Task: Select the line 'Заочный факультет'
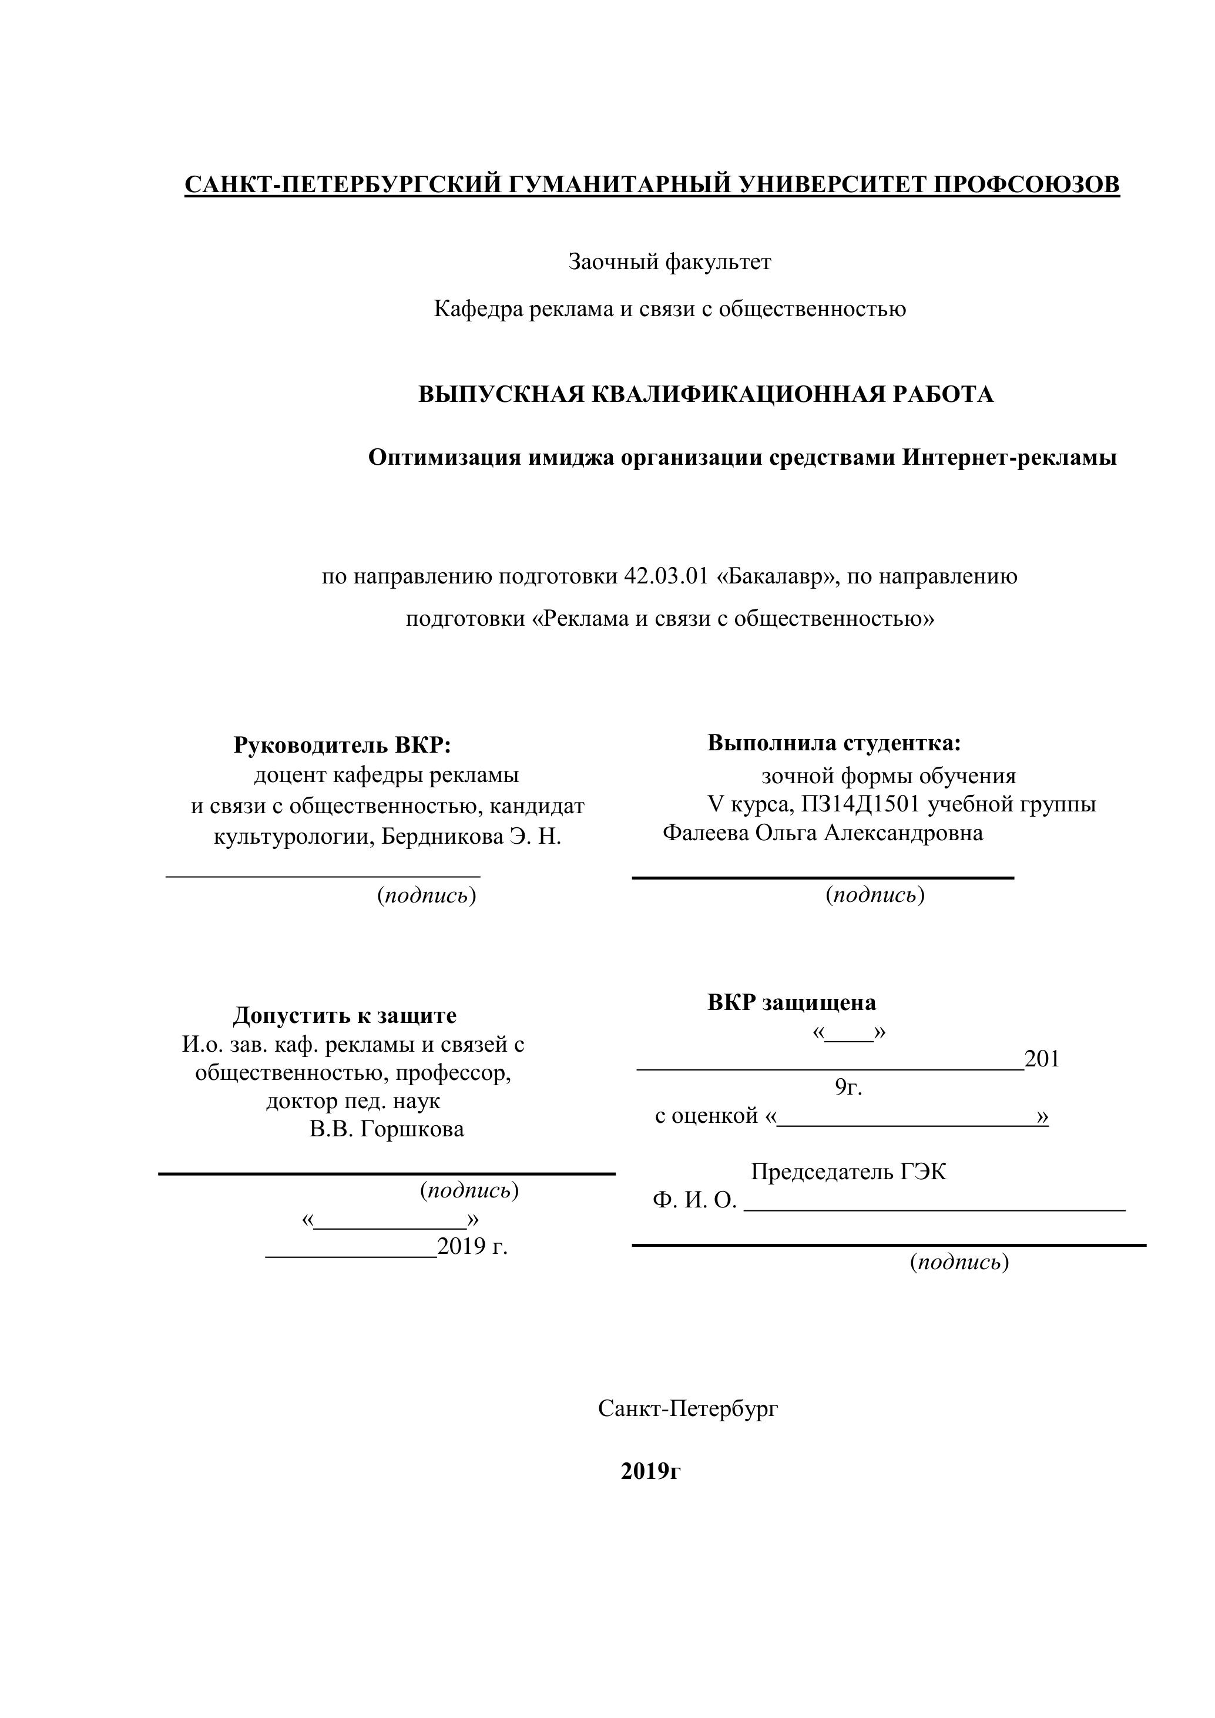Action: tap(670, 262)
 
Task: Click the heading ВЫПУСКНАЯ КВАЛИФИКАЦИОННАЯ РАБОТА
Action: tap(706, 394)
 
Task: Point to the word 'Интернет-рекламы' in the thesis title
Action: tap(1009, 457)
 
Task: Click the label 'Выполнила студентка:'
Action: tap(834, 743)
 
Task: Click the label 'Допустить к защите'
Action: tap(344, 1015)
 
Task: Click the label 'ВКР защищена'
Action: tap(791, 1003)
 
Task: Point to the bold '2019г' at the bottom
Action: tap(650, 1471)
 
